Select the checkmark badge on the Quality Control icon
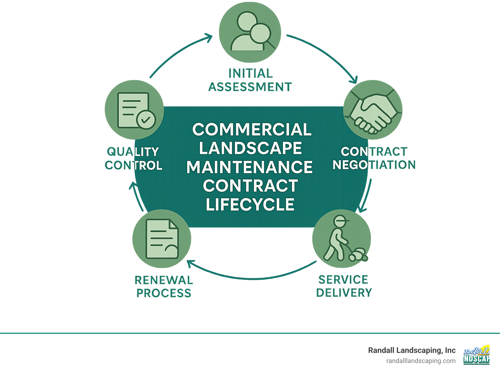coord(146,120)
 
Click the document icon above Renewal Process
coord(162,239)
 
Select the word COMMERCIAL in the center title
coord(252,130)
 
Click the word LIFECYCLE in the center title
coord(250,205)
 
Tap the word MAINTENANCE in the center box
coord(249,167)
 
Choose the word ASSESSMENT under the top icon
coord(250,87)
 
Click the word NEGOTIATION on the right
coord(374,165)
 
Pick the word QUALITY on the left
coord(133,152)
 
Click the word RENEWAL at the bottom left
coord(164,280)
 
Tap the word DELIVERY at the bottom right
coord(344,293)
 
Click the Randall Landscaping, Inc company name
coord(412,350)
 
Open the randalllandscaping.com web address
coord(421,361)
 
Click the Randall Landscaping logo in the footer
coord(476,355)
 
